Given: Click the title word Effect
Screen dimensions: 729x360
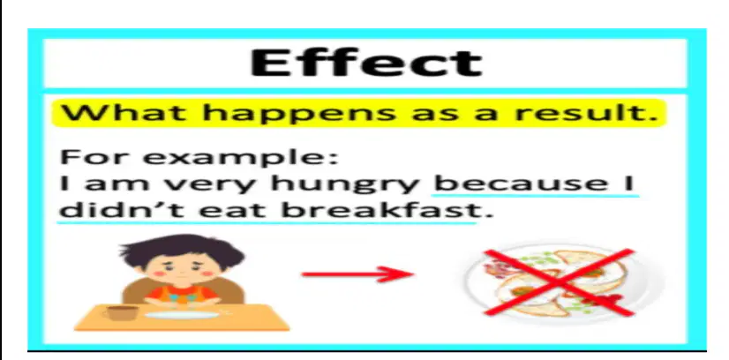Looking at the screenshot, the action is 366,63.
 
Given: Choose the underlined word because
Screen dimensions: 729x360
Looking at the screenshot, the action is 521,183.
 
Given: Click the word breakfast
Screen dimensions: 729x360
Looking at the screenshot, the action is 380,210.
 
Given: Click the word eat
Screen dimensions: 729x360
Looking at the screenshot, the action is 232,211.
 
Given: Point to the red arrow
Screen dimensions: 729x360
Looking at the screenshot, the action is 357,274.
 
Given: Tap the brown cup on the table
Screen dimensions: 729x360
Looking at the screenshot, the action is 122,312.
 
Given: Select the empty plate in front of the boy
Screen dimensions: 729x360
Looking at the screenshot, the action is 182,315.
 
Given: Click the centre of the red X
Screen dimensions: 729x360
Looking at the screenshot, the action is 560,282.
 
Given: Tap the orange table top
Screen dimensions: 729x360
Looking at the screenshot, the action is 181,318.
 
